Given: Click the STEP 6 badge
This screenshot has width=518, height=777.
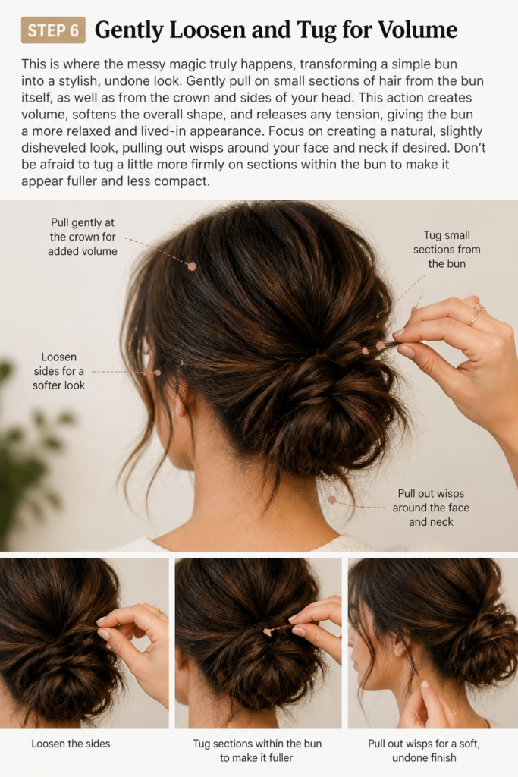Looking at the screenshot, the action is (53, 30).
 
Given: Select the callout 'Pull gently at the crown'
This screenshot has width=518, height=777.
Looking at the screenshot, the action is (83, 237).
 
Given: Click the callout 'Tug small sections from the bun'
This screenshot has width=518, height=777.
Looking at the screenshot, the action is (447, 249).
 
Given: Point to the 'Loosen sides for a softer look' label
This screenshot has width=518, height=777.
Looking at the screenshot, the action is (59, 371).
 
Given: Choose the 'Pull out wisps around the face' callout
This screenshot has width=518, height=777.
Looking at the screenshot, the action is (431, 508).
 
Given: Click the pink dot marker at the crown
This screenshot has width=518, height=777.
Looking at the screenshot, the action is (192, 266).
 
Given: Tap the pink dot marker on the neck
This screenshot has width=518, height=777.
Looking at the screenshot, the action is (331, 500).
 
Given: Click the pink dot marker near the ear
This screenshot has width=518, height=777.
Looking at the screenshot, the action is (158, 372).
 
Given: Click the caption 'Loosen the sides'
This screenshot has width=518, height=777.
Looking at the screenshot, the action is (71, 744).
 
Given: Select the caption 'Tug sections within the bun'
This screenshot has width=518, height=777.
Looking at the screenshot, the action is (257, 744).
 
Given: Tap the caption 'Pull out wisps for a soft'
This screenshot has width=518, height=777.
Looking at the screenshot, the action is (424, 744).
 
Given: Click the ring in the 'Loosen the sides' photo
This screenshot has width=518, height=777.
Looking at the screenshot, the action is (159, 613).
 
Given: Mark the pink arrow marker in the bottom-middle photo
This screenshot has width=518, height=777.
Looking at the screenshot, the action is (268, 632).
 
